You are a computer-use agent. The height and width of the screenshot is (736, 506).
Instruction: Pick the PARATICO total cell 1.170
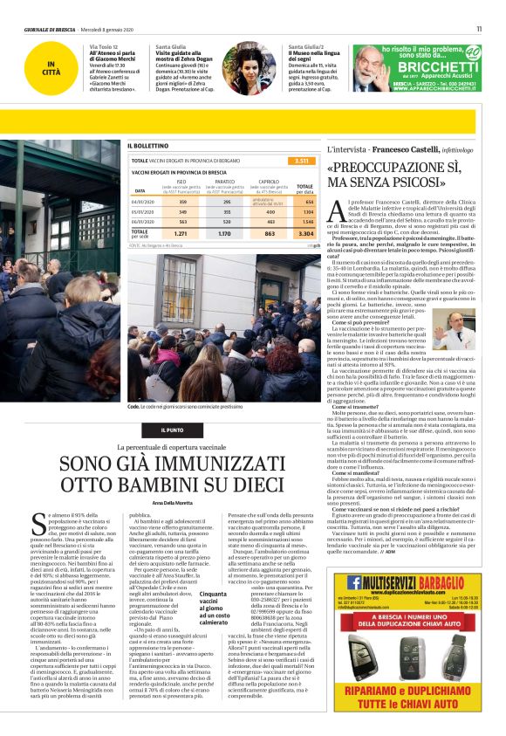coord(224,234)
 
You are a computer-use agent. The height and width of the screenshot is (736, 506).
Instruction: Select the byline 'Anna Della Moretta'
coord(177,502)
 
